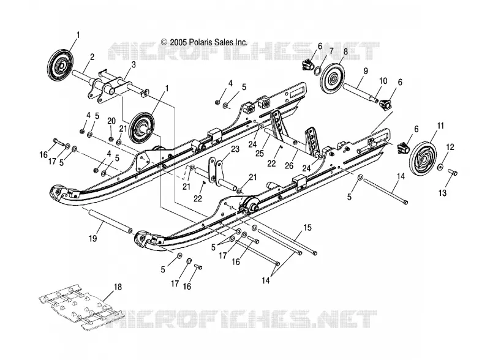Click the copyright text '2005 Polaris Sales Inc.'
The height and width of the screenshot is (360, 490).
click(x=208, y=42)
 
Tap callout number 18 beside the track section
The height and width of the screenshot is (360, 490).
click(x=118, y=287)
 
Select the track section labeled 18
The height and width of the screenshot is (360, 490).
click(x=81, y=307)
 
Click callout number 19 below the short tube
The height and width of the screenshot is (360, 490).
click(x=92, y=238)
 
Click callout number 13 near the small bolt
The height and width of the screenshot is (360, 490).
click(x=442, y=193)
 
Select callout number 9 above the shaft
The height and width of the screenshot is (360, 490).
click(x=365, y=71)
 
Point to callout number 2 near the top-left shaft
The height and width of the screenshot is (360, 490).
click(x=92, y=57)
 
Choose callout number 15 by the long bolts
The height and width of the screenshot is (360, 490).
click(x=307, y=228)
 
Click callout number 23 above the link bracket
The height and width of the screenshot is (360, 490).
click(x=235, y=149)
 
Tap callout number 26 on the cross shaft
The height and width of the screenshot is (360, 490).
click(x=289, y=165)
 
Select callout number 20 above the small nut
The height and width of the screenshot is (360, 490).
click(x=111, y=121)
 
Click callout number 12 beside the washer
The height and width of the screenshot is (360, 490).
click(x=450, y=146)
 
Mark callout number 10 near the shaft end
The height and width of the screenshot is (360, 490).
click(x=383, y=81)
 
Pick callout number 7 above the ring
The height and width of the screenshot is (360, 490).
click(x=331, y=50)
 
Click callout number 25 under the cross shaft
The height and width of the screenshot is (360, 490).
click(x=260, y=153)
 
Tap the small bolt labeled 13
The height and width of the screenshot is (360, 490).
click(x=453, y=172)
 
